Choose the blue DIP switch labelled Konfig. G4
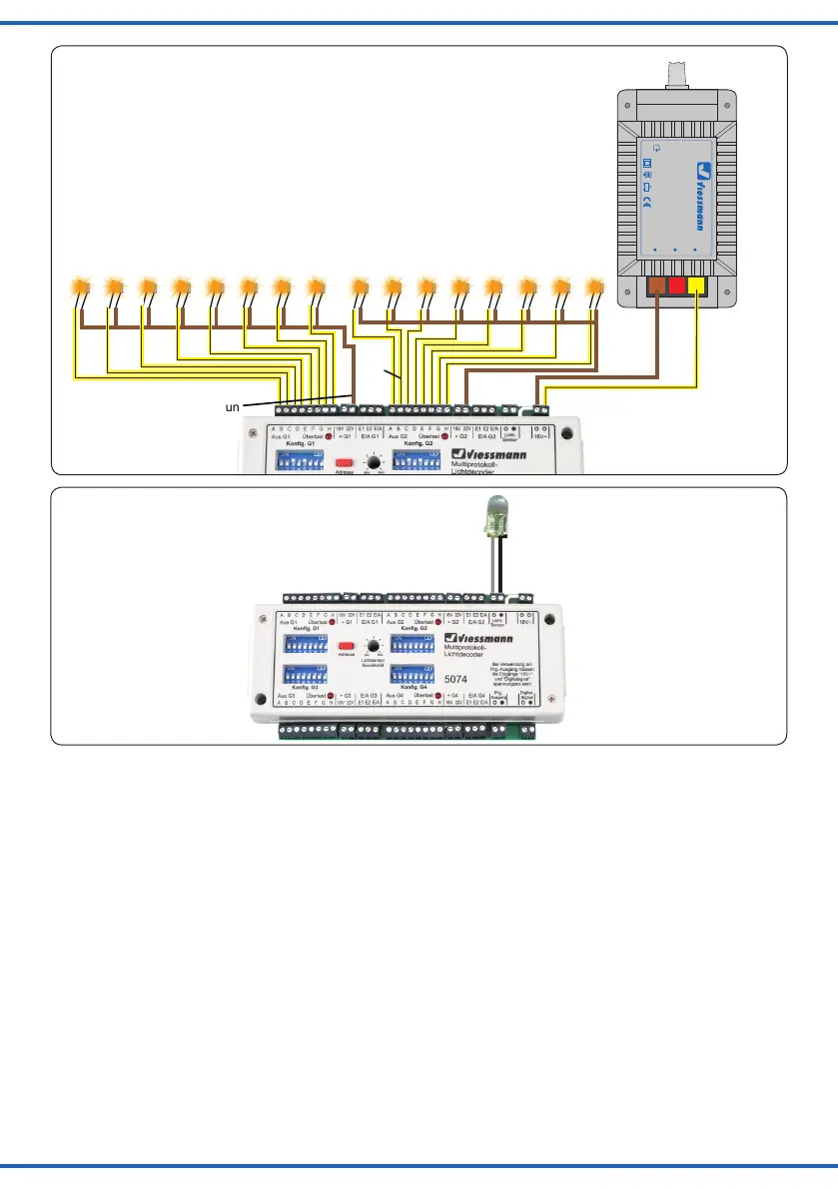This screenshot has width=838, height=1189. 411,674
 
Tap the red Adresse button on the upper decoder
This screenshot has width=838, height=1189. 345,463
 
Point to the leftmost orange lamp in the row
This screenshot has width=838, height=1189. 82,288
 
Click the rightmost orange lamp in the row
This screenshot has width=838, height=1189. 596,288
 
